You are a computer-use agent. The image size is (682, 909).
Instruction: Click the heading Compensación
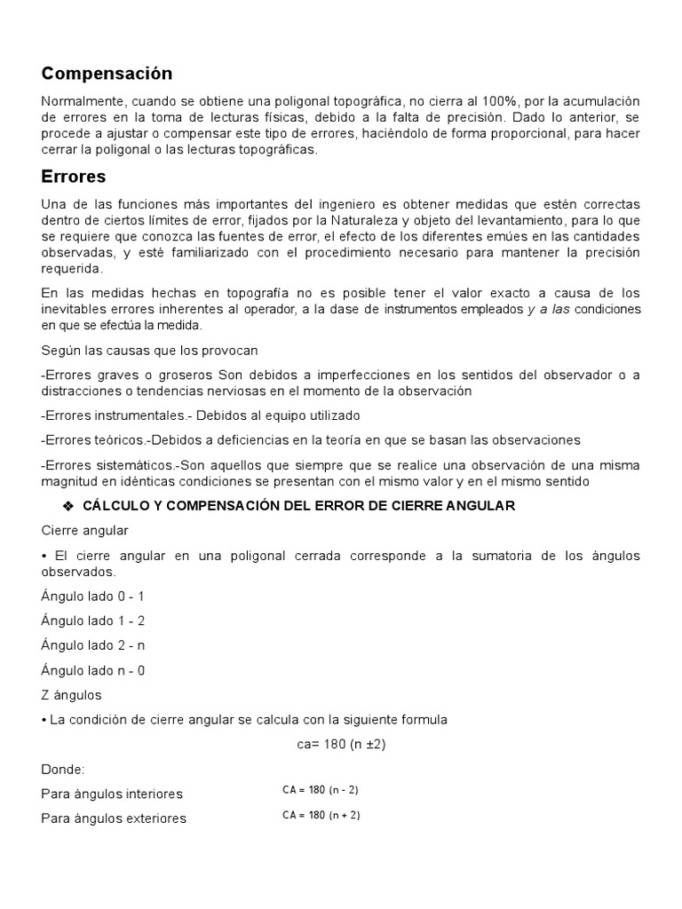coord(107,73)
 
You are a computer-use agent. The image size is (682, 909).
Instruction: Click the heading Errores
coord(73,176)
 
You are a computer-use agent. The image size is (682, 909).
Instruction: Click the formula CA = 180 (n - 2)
coord(321,789)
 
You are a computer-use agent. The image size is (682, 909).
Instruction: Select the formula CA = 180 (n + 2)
coord(321,815)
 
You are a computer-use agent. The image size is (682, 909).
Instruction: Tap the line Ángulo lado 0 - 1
coord(92,596)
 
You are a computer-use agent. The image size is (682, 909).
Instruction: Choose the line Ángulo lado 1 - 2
coord(92,620)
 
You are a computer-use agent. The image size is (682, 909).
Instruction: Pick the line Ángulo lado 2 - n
coord(92,645)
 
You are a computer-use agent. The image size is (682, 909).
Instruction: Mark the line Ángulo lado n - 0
coord(92,670)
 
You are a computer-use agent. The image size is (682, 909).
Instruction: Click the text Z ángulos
coord(71,694)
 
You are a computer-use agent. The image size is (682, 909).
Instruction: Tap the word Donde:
coord(63,769)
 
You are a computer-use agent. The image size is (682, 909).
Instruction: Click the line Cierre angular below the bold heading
coord(84,530)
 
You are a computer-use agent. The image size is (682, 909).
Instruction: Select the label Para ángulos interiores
coord(112,794)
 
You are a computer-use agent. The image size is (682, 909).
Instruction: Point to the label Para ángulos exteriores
coord(114,818)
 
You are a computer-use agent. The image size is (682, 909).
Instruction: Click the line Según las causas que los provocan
coord(149,350)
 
